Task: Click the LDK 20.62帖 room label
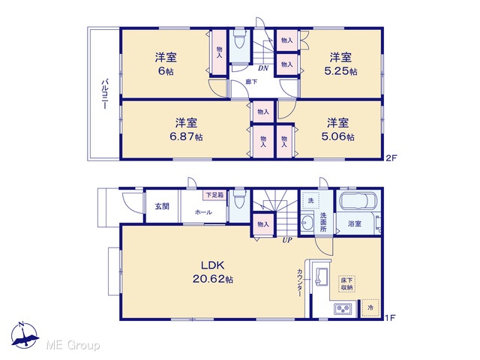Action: pos(213,272)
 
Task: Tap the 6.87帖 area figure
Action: pos(186,136)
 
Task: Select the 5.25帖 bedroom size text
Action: pos(340,71)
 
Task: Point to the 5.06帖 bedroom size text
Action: pos(338,136)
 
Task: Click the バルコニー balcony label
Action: pos(104,94)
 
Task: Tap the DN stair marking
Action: pos(263,68)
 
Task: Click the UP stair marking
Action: pos(287,240)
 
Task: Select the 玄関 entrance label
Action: pos(162,206)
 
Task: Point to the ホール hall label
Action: pos(203,211)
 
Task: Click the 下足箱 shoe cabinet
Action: pos(214,195)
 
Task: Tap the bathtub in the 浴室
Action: pos(358,202)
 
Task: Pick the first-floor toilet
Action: pos(239,199)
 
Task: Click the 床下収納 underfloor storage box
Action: pos(346,283)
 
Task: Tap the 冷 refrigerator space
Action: pos(370,307)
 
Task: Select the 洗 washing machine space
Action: pos(310,201)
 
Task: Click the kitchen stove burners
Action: pos(343,308)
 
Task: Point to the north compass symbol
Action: pos(25,336)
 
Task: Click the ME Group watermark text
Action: pos(73,345)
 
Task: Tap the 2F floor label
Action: pos(391,158)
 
